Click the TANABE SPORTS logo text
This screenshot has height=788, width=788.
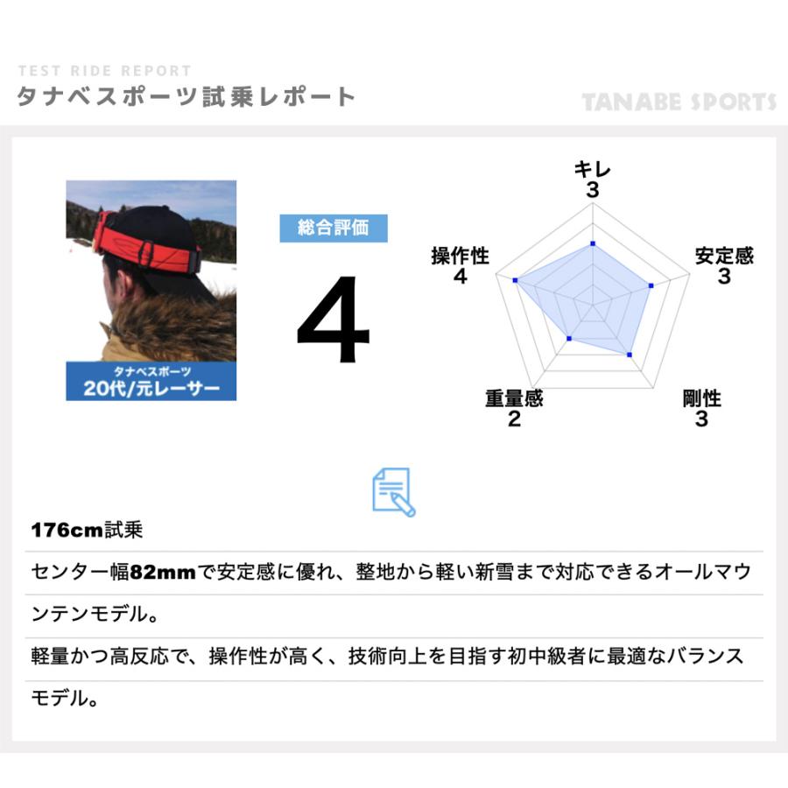point(679,102)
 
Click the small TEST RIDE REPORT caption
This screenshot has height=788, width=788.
point(103,71)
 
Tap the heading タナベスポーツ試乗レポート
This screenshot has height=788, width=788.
point(186,96)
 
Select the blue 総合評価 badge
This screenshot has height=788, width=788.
point(333,229)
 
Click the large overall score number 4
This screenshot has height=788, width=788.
point(333,321)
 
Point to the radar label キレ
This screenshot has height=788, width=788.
point(593,170)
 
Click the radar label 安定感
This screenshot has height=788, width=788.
point(724,256)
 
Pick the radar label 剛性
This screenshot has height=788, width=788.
point(701,398)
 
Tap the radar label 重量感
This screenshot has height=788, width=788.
point(514,398)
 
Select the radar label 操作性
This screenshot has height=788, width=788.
point(461,256)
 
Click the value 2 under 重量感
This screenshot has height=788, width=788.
point(514,419)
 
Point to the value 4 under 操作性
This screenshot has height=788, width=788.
point(461,277)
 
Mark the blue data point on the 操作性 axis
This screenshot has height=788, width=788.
point(516,280)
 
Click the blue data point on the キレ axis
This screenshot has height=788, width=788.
point(593,243)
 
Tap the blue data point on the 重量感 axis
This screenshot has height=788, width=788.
point(569,338)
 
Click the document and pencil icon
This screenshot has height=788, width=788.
point(393,492)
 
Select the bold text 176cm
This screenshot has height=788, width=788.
point(67,531)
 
